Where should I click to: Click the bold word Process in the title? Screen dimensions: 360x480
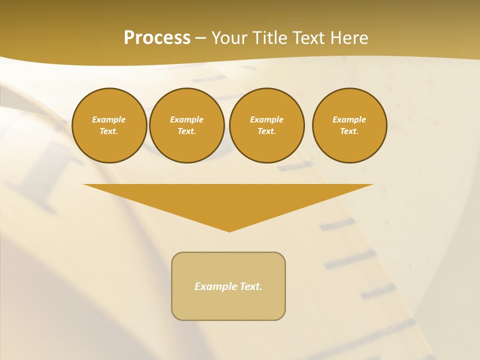coord(157,38)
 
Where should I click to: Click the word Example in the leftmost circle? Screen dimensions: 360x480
coord(109,119)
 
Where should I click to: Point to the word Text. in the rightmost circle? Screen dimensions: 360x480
coord(349,131)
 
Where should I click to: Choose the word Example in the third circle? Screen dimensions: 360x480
coord(267,119)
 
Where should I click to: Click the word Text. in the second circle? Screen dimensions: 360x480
coord(187,131)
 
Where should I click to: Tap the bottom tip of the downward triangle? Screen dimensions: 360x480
coord(229,230)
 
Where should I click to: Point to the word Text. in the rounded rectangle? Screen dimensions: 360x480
coord(251,286)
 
